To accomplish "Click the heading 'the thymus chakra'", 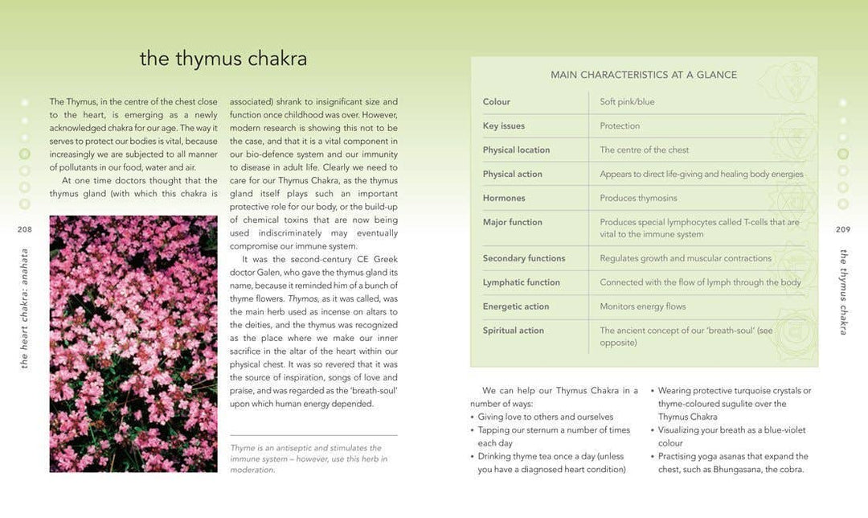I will (x=223, y=60).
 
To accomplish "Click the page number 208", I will (x=24, y=229).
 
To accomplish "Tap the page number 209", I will (x=842, y=229).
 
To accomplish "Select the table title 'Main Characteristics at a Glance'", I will (x=643, y=75).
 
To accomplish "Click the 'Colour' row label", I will (x=496, y=102).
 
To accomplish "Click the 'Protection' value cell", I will (x=620, y=126).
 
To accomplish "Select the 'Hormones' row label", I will (x=504, y=199).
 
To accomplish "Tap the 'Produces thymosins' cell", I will (x=638, y=199).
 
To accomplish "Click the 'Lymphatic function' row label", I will (x=521, y=282).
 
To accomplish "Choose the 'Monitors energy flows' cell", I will (x=643, y=306).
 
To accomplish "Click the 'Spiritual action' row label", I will (x=513, y=331).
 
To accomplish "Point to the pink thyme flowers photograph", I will (x=133, y=343).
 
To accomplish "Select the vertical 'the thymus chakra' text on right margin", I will (x=843, y=291).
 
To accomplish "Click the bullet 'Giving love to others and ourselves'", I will (x=545, y=417).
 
